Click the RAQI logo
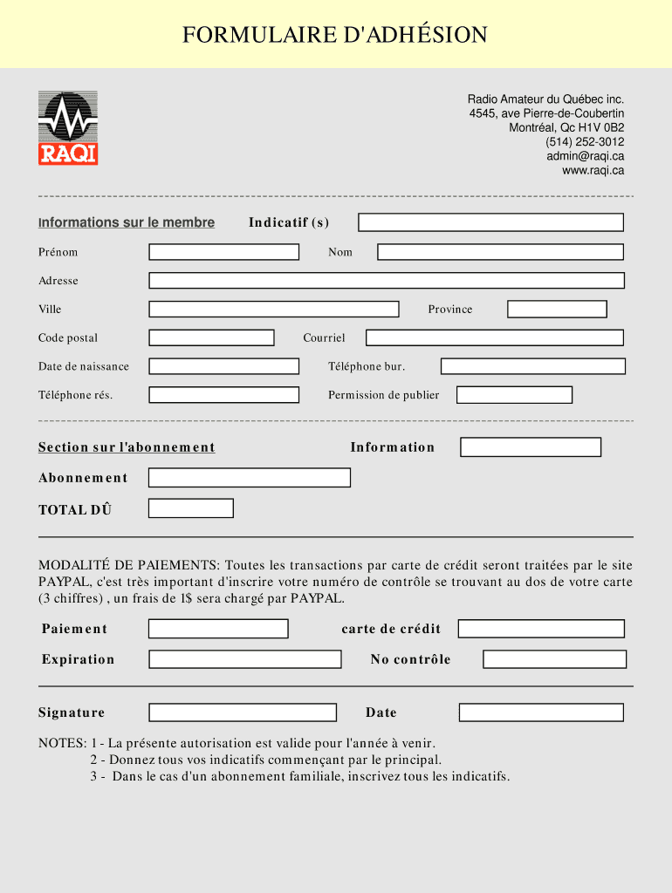(68, 127)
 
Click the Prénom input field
(223, 252)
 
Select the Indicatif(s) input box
(490, 222)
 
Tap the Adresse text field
(387, 281)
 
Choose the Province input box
(557, 310)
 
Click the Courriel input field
(494, 337)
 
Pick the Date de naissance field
(223, 366)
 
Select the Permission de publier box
(514, 395)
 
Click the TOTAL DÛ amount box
(190, 508)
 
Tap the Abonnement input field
(249, 478)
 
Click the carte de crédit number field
(541, 629)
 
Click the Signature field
(242, 712)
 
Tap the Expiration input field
(244, 659)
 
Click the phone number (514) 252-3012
(585, 142)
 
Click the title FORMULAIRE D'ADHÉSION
(335, 35)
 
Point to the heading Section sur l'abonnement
(127, 447)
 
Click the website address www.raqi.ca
(593, 170)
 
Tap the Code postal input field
(211, 337)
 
